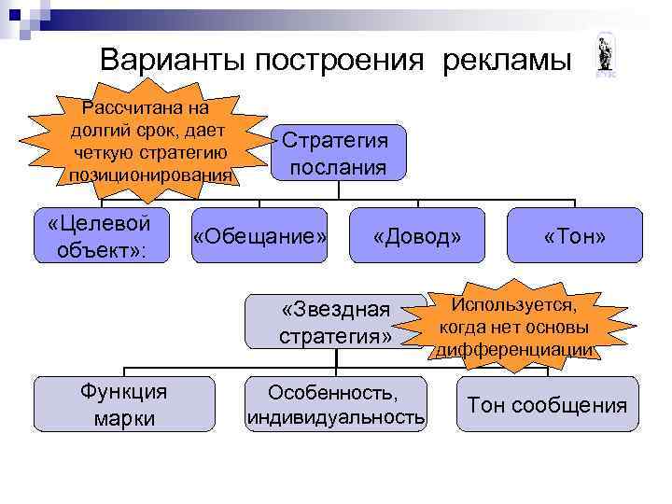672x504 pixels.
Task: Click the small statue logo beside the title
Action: click(604, 57)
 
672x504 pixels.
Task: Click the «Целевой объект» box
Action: click(101, 235)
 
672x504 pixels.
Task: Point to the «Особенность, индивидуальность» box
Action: click(335, 404)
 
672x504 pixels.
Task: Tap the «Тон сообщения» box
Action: click(547, 405)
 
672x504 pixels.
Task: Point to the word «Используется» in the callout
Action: click(514, 304)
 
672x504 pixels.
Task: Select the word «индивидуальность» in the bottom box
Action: click(335, 416)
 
